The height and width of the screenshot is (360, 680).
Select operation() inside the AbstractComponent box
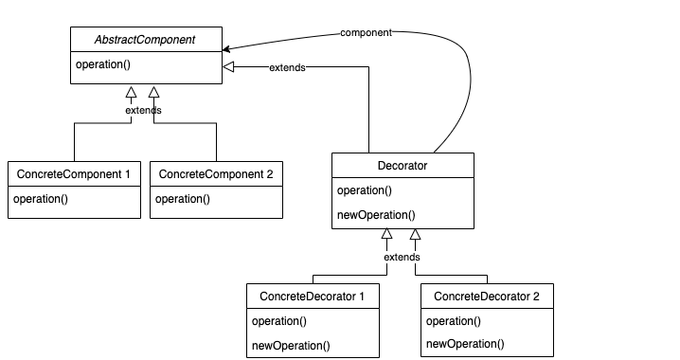click(x=102, y=64)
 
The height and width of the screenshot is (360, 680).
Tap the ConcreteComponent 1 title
click(x=74, y=174)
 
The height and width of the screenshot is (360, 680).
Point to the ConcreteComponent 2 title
click(x=216, y=174)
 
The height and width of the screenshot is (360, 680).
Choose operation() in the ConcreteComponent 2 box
click(x=182, y=199)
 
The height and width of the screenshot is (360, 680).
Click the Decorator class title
click(x=403, y=166)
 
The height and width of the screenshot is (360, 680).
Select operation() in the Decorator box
click(x=365, y=190)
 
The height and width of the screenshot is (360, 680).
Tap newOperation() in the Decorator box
click(x=377, y=214)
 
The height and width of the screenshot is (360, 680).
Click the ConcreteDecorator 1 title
click(x=312, y=297)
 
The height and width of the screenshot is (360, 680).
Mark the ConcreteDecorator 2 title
click(x=486, y=297)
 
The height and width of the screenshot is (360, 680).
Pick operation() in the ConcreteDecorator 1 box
click(x=278, y=321)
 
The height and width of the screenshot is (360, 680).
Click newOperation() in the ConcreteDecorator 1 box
click(x=291, y=345)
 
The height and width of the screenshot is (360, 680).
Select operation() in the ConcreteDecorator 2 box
click(x=453, y=321)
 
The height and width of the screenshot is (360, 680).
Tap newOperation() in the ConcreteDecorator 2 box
click(x=465, y=345)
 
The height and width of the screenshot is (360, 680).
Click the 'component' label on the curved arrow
click(x=367, y=32)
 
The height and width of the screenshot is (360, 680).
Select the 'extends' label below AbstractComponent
click(x=143, y=110)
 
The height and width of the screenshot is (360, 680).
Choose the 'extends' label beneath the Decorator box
click(x=403, y=257)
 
